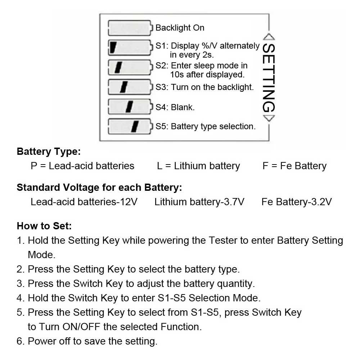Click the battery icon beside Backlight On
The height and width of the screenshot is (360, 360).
(130, 28)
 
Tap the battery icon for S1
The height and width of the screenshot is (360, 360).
(130, 47)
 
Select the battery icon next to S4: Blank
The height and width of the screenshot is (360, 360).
(130, 107)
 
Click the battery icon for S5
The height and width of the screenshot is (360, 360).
(130, 126)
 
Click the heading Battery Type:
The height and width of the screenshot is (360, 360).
(49, 152)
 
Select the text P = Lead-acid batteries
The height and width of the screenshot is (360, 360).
(82, 166)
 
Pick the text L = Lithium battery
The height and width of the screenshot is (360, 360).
(198, 166)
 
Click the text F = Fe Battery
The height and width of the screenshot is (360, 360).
(294, 166)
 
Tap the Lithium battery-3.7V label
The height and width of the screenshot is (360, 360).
(199, 202)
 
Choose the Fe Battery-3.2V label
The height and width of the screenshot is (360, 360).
(297, 202)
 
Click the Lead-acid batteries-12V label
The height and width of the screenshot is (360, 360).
(84, 202)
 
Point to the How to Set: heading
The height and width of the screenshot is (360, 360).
(44, 226)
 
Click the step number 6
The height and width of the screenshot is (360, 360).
(19, 341)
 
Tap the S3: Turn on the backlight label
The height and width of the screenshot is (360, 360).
(204, 87)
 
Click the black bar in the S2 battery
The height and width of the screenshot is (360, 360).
(118, 67)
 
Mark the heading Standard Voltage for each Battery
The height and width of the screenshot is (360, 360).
(99, 188)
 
